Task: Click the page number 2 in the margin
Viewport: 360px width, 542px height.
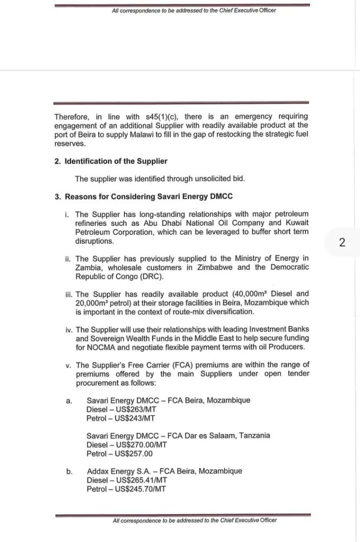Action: [x=342, y=242]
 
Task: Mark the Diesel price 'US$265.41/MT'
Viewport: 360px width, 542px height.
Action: [x=140, y=480]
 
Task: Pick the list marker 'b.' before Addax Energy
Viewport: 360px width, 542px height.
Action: [x=69, y=471]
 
